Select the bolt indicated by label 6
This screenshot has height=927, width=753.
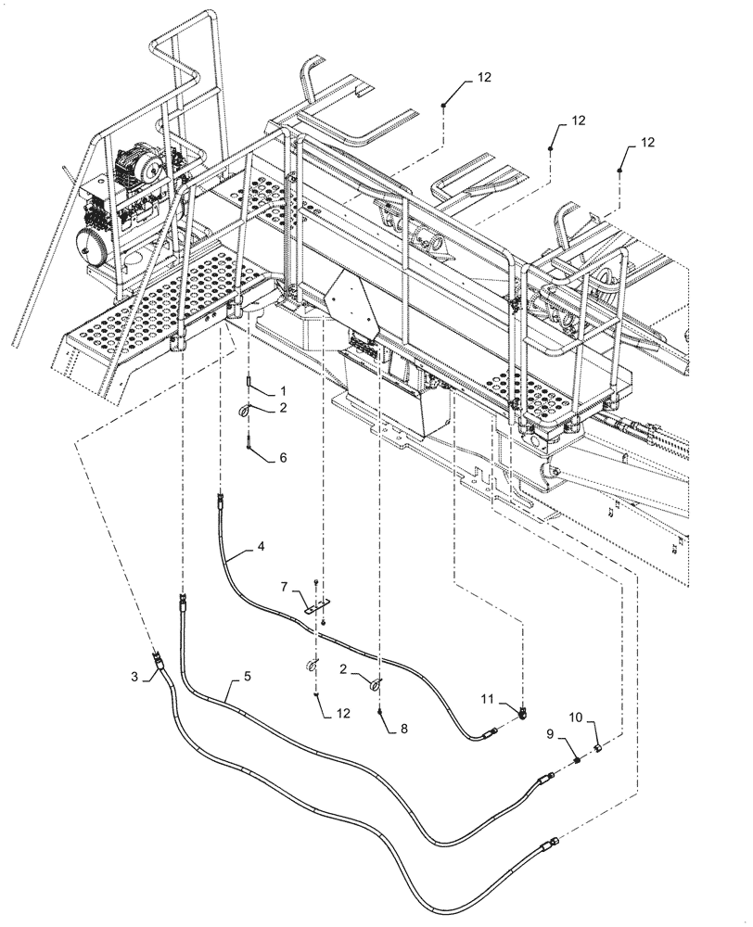coord(250,446)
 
